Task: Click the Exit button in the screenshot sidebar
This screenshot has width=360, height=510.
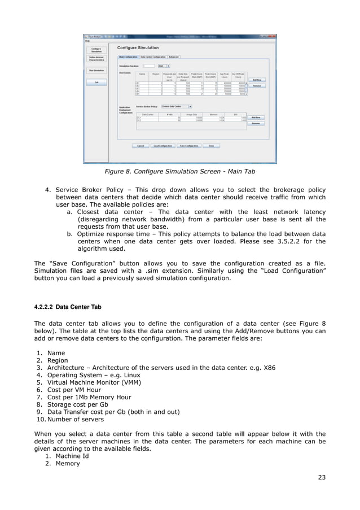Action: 96,82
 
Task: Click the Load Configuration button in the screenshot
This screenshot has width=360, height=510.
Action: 163,146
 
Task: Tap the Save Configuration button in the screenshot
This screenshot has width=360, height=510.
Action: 190,146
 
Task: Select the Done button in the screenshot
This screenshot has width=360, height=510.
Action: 210,146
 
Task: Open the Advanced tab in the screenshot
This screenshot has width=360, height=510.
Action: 174,56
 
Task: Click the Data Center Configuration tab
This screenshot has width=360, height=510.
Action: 153,56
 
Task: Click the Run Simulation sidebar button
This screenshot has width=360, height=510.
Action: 96,71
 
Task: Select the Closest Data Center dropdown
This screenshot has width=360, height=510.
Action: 176,106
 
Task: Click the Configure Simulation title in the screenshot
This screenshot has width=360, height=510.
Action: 138,47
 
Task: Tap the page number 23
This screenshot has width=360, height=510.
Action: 322,477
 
